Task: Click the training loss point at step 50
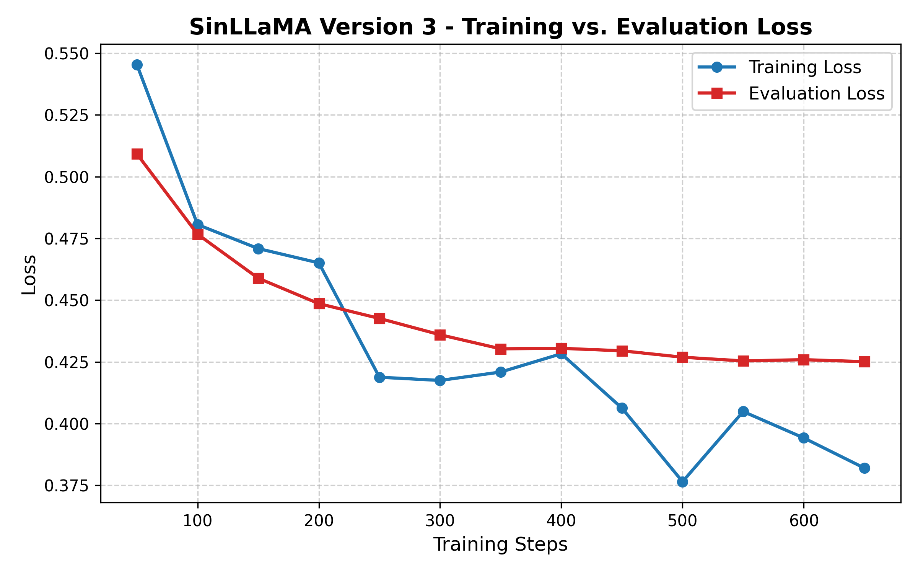coord(137,65)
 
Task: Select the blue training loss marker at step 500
coord(682,482)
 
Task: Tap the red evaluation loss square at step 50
coord(137,154)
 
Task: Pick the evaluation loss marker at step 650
coord(864,362)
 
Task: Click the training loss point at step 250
coord(379,377)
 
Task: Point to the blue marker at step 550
coord(743,412)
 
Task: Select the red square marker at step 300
coord(440,335)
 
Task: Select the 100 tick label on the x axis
coord(197,521)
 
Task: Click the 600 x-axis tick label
coord(804,521)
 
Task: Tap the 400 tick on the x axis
coord(561,521)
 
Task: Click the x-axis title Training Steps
coord(500,545)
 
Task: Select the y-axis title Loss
coord(29,274)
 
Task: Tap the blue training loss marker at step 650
coord(864,468)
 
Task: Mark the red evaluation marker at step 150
coord(258,278)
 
